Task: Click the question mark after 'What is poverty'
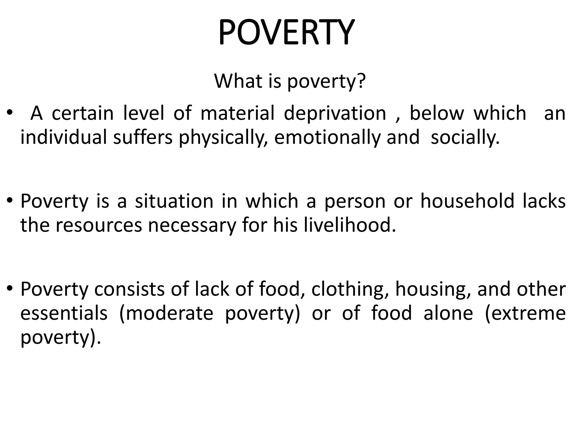click(x=360, y=81)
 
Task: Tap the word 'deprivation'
click(x=335, y=113)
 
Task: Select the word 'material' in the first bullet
click(x=237, y=113)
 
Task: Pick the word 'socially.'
click(x=465, y=138)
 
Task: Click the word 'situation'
click(x=174, y=201)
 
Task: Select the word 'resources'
click(x=99, y=225)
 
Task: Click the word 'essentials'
click(x=64, y=313)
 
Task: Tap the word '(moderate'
click(x=166, y=313)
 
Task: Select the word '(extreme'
click(x=525, y=313)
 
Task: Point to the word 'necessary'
click(x=192, y=226)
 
